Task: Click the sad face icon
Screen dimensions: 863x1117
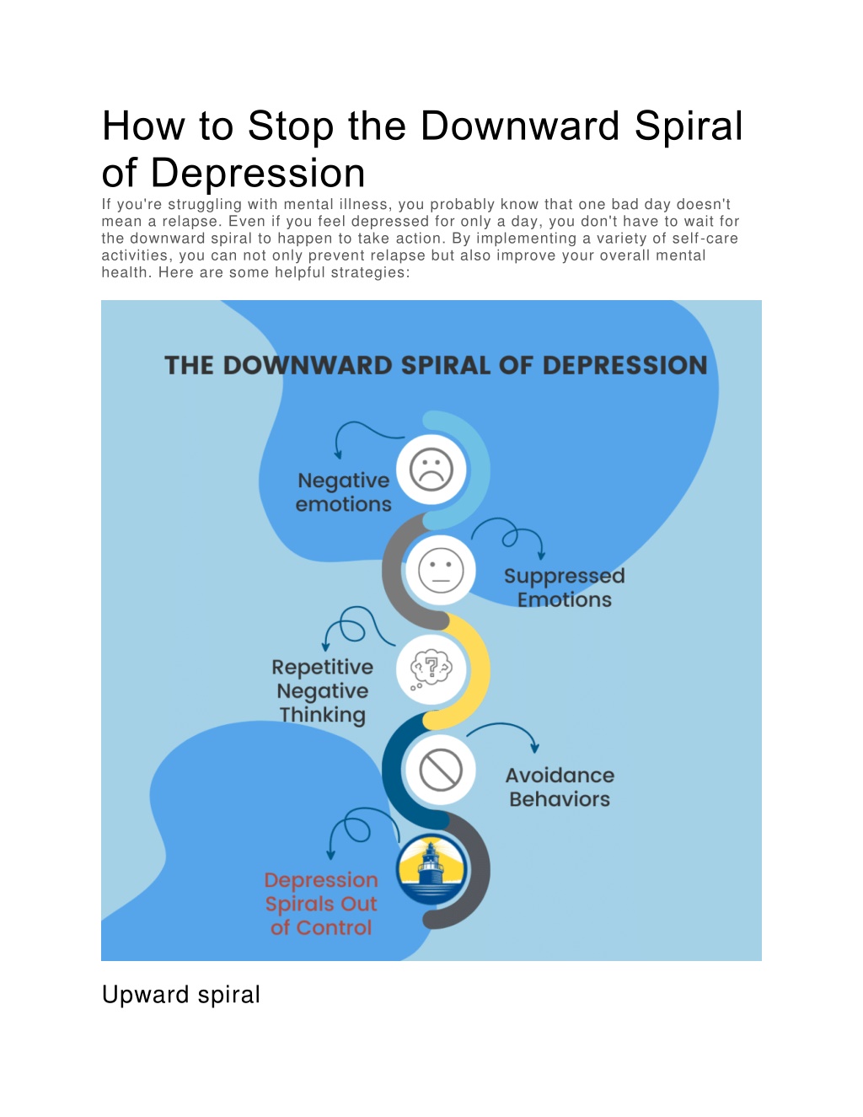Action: coord(431,470)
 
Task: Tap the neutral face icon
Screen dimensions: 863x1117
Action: coord(441,570)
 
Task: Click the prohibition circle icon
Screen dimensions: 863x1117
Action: coord(441,770)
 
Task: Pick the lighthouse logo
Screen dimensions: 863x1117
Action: coord(432,870)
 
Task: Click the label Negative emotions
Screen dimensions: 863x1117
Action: coord(344,492)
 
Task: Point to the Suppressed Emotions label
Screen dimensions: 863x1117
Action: coord(564,588)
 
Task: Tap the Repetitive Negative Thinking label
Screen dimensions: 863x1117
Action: coord(323,691)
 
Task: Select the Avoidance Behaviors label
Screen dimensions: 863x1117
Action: coord(560,787)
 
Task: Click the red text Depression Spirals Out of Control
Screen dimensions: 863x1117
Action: coord(321,903)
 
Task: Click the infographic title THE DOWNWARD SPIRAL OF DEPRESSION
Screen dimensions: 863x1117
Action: coord(436,366)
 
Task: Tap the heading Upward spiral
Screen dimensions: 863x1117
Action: coord(181,995)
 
